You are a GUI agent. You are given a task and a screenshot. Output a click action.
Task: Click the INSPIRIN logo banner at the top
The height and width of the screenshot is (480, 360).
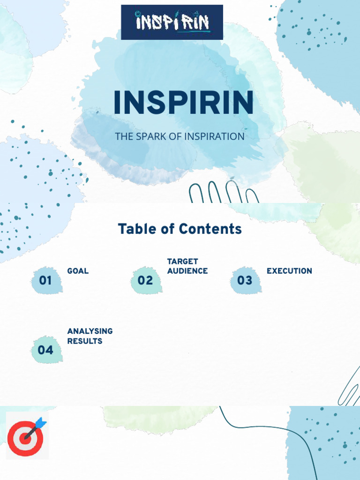click(x=172, y=22)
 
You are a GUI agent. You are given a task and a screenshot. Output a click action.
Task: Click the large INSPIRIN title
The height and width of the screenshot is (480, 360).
click(x=184, y=102)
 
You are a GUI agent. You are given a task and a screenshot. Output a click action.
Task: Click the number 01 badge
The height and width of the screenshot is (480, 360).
click(x=46, y=280)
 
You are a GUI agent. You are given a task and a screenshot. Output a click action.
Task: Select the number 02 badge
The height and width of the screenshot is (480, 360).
click(x=145, y=280)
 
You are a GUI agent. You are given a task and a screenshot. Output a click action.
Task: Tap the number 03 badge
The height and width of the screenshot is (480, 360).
click(x=245, y=280)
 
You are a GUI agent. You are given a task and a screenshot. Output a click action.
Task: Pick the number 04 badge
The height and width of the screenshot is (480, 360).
click(x=46, y=350)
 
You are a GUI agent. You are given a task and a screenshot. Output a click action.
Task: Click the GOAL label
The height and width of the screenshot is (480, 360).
click(x=78, y=271)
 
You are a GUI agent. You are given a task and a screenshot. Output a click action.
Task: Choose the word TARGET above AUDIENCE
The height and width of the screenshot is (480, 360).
click(x=182, y=261)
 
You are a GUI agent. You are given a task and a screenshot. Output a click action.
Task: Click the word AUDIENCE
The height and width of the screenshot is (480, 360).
click(x=187, y=271)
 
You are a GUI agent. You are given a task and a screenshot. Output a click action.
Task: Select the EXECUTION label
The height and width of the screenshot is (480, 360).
click(x=289, y=271)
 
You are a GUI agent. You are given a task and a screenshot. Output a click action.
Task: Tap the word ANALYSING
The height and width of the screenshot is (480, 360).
click(x=90, y=331)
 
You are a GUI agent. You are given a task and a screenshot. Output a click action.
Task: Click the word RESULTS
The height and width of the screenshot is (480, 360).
click(x=84, y=341)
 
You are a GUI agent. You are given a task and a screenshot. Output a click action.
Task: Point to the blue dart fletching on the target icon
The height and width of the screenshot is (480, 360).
click(x=41, y=422)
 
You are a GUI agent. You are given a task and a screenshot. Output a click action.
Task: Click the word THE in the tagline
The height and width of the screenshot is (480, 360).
click(x=124, y=136)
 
